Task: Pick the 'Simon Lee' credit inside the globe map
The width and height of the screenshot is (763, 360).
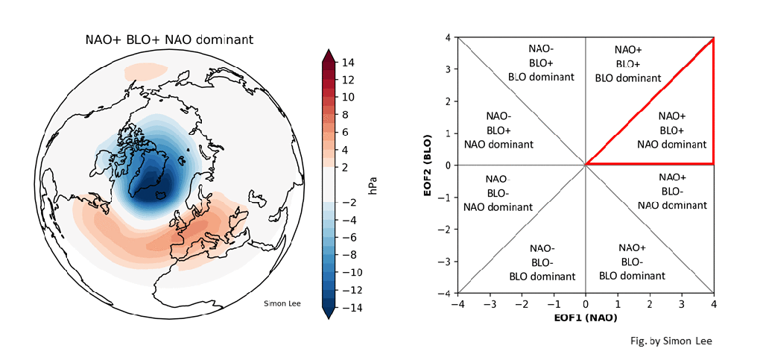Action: [x=282, y=303]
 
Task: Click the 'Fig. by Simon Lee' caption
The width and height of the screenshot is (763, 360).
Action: [x=671, y=341]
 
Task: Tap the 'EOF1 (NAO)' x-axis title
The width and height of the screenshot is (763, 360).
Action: [x=586, y=319]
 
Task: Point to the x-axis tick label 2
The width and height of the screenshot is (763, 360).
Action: [x=650, y=304]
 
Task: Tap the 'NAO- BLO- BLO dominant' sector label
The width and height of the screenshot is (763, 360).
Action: [x=542, y=262]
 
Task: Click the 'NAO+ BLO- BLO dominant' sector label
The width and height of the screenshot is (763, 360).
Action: [x=632, y=262]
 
